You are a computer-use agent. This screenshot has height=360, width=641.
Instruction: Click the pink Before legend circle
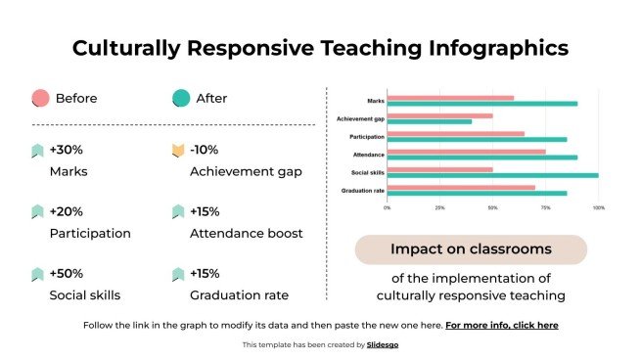(x=40, y=98)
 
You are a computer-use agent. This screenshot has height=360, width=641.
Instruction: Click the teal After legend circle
(x=180, y=98)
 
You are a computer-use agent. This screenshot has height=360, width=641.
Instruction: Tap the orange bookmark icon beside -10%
(x=177, y=151)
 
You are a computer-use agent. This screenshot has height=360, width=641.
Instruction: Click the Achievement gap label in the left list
(x=246, y=172)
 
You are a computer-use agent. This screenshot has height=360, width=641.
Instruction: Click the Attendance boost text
(x=246, y=234)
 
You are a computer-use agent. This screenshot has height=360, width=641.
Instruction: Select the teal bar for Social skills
(x=493, y=176)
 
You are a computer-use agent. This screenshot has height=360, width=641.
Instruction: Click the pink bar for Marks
(x=450, y=98)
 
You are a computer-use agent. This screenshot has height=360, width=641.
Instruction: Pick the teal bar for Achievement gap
(x=430, y=122)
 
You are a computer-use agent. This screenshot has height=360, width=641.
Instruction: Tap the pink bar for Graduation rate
(x=461, y=187)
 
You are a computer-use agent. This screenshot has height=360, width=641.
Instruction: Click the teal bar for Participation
(x=477, y=139)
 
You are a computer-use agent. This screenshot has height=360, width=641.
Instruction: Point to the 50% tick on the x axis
(x=493, y=207)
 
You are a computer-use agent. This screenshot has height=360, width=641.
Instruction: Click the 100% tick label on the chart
(x=598, y=207)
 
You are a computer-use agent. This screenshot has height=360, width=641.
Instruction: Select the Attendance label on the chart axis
(x=369, y=155)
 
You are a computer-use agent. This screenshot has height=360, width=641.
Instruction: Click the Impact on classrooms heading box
(x=471, y=249)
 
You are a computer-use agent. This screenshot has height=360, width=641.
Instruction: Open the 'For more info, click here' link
(x=501, y=325)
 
